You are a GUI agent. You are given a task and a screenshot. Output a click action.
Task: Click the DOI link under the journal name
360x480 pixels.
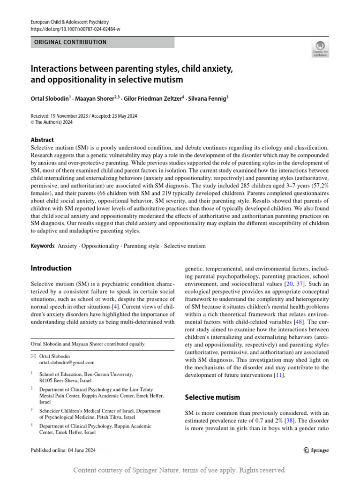[75, 29]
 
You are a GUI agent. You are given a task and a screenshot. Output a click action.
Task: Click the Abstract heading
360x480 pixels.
[42, 140]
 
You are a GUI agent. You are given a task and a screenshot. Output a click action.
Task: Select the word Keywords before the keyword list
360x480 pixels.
[43, 246]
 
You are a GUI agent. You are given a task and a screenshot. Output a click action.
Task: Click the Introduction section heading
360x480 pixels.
[51, 268]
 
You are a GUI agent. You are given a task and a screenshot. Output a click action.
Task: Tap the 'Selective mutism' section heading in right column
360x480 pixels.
[212, 397]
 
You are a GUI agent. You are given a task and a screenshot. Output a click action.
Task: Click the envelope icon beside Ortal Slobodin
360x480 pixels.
[33, 356]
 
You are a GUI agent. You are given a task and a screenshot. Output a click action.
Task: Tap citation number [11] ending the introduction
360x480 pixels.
[279, 375]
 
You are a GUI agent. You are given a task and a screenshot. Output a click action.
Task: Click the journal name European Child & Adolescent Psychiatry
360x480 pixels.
[69, 22]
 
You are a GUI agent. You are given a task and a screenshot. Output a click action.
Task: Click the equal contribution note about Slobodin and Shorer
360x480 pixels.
[88, 344]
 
